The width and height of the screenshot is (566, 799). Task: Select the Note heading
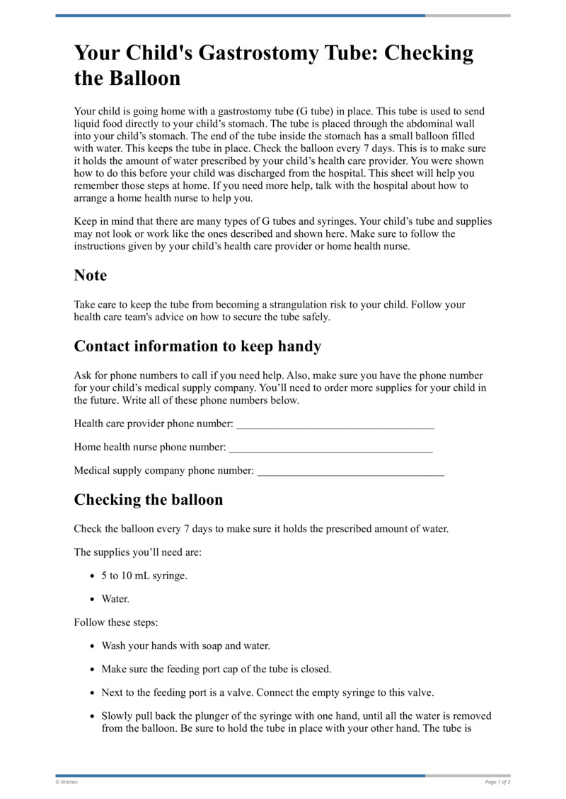pyautogui.click(x=91, y=275)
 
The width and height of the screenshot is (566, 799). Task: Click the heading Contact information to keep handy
pyautogui.click(x=197, y=346)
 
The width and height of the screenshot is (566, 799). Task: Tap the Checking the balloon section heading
pyautogui.click(x=149, y=499)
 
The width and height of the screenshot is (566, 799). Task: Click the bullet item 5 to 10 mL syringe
pyautogui.click(x=144, y=576)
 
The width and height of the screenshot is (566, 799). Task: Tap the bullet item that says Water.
pyautogui.click(x=115, y=599)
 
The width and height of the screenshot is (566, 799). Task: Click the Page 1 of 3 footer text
pyautogui.click(x=497, y=782)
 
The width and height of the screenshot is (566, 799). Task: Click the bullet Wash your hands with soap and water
pyautogui.click(x=185, y=646)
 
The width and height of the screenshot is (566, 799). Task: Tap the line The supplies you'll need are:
pyautogui.click(x=137, y=552)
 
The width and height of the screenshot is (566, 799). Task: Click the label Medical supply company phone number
pyautogui.click(x=163, y=471)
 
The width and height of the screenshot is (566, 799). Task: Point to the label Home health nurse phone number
pyautogui.click(x=150, y=448)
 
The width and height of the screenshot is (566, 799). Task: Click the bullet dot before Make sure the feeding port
pyautogui.click(x=94, y=669)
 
